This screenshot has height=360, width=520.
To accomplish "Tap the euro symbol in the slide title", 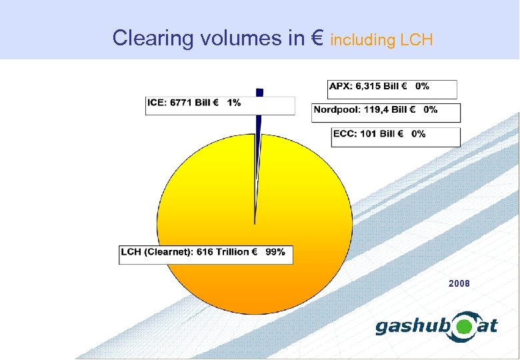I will pos(317,38).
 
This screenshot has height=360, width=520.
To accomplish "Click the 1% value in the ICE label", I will pos(234,103).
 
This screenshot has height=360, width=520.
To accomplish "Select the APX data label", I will pos(392,89).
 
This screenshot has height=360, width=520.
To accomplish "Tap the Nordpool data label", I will pos(386,113).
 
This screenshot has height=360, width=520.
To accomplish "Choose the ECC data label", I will pos(396,137).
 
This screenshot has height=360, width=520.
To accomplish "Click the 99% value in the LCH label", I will pos(275,252).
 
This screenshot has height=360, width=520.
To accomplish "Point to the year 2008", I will pos(459,283).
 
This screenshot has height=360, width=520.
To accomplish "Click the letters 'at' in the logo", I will pos(489,325).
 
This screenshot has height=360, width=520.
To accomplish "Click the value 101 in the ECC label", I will pos(367,134).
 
